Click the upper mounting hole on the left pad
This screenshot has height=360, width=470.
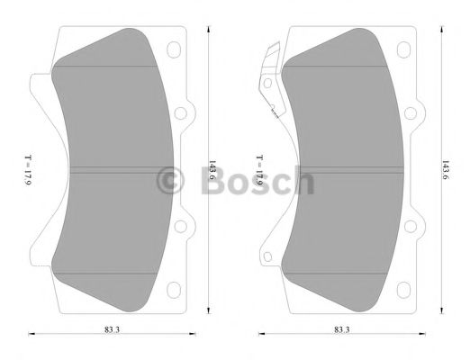(180, 114)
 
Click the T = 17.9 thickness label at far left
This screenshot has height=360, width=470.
(28, 170)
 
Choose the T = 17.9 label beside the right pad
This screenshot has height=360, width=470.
(258, 170)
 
